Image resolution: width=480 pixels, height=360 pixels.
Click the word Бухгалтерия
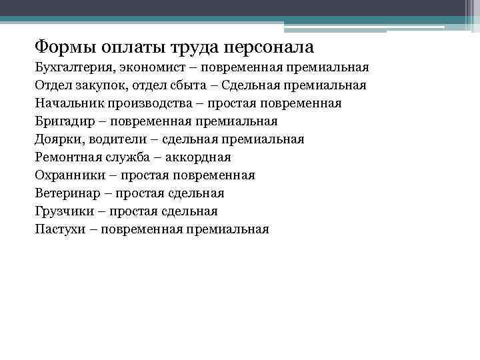point(74,68)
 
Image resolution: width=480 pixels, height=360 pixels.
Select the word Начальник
point(65,104)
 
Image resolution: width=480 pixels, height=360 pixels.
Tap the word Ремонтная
point(67,158)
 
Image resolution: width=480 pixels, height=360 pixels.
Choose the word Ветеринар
point(66,194)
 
